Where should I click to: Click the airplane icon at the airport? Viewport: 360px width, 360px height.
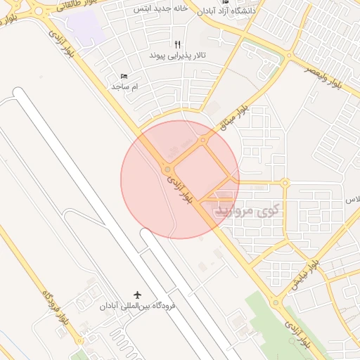pos(136,294)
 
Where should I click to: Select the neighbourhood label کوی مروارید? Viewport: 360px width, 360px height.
pos(247,210)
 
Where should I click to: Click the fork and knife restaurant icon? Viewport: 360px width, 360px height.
pos(177,44)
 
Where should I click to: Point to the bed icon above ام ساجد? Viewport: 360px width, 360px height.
pos(124,76)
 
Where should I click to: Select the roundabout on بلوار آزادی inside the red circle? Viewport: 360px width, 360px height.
pos(167,169)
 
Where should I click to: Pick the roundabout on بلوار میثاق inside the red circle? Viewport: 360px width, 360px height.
pos(203,140)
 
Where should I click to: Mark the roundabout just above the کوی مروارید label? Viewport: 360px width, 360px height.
pos(285,183)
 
